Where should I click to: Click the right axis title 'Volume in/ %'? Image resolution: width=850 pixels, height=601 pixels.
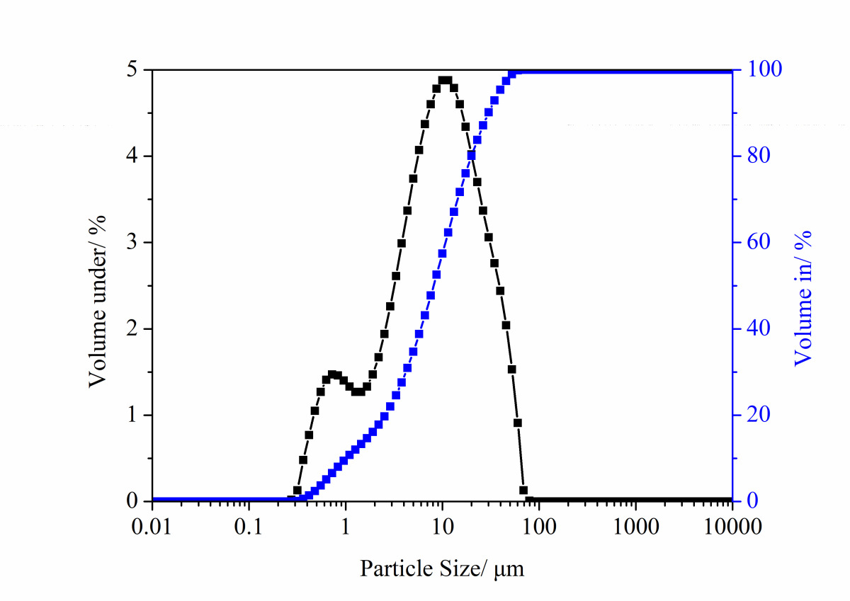click(x=803, y=297)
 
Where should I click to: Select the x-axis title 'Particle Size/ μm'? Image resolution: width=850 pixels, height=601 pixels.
click(x=443, y=568)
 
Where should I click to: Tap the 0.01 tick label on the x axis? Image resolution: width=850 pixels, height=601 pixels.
click(x=152, y=527)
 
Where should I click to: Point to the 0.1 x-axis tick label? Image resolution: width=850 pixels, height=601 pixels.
click(x=249, y=527)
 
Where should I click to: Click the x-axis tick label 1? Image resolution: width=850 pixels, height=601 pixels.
click(x=346, y=527)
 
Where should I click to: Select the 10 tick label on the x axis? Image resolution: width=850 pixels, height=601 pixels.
click(x=442, y=527)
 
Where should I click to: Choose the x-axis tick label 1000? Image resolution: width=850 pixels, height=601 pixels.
click(x=635, y=527)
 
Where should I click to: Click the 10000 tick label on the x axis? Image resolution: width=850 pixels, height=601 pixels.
click(x=731, y=527)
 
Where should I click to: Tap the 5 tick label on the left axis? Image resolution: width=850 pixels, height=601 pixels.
click(x=133, y=70)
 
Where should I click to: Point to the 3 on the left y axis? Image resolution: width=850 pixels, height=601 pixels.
click(x=133, y=243)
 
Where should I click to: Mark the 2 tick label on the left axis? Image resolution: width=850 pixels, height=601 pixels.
click(x=133, y=329)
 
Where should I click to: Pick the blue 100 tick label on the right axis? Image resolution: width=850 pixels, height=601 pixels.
click(x=761, y=70)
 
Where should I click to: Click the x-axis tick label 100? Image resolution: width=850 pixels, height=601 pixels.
click(x=538, y=527)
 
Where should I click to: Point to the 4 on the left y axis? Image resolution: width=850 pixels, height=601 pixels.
click(x=133, y=156)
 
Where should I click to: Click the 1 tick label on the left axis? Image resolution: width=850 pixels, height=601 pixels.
click(x=133, y=416)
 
